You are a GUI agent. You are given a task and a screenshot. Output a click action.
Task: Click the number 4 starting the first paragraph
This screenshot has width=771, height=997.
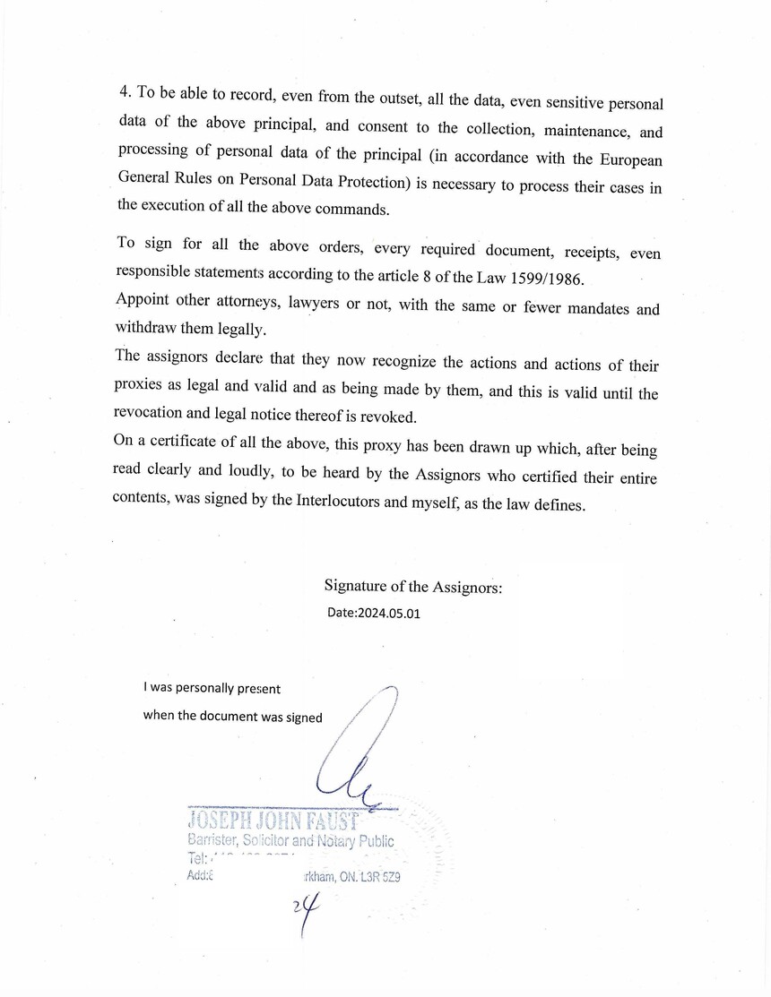pos(124,92)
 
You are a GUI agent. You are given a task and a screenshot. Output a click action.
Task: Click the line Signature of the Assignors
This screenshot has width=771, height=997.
pos(413,587)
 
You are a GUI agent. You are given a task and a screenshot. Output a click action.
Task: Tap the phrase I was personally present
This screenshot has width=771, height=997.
pos(212,689)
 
